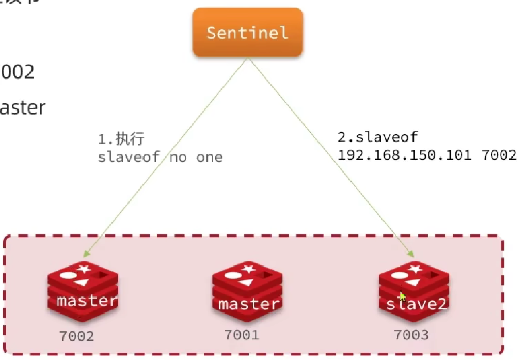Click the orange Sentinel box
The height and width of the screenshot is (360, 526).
coord(247,32)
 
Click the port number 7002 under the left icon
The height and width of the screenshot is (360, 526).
coord(76,336)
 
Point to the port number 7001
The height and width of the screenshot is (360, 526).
coord(242,335)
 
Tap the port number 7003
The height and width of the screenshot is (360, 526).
coord(411,335)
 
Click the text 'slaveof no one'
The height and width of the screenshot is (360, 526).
coord(160,157)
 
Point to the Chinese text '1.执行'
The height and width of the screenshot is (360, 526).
coord(121,139)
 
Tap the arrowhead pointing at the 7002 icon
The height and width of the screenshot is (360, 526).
coord(85,254)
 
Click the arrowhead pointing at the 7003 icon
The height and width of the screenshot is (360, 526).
coord(411,254)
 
